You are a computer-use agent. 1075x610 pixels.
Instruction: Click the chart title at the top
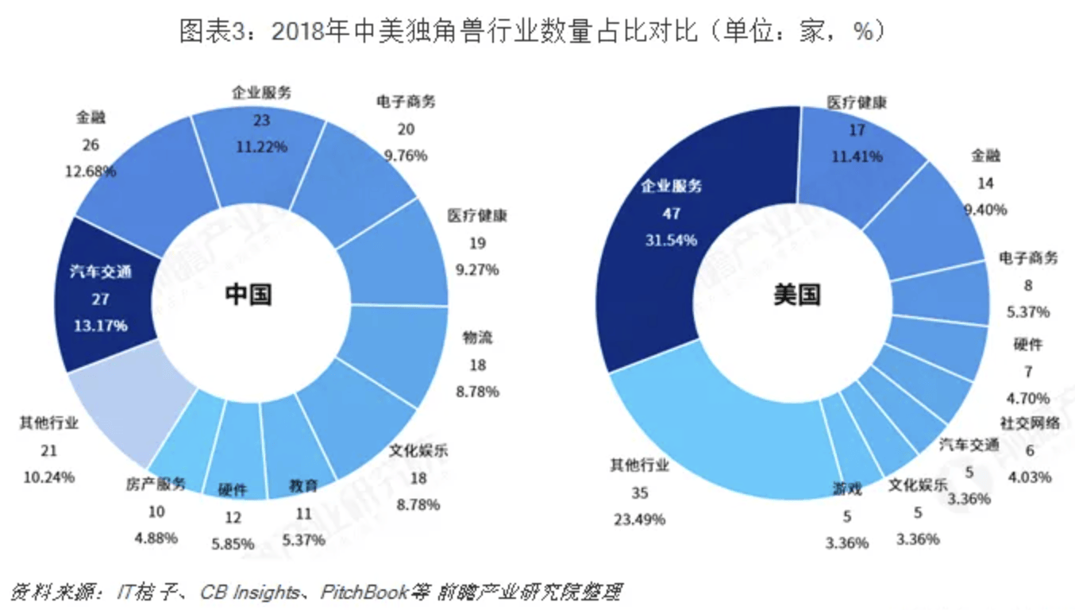click(532, 32)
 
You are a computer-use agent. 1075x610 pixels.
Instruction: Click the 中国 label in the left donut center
click(249, 294)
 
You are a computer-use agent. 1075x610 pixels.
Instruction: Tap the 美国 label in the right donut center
click(797, 294)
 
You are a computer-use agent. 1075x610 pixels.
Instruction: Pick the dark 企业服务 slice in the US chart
click(681, 216)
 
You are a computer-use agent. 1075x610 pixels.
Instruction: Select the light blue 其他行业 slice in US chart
click(720, 432)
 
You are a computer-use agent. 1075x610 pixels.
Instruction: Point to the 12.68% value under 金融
click(91, 172)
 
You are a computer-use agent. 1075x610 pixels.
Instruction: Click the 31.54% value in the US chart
click(671, 240)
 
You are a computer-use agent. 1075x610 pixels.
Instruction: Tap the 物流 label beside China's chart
click(477, 338)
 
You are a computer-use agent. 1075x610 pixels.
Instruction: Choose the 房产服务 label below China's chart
click(156, 485)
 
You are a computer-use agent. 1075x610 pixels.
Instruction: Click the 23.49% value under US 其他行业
click(640, 519)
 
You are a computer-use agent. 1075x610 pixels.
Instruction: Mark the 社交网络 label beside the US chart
click(1030, 423)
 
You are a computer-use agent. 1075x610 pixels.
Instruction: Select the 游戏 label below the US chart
click(847, 489)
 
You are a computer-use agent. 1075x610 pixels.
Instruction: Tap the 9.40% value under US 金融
click(986, 210)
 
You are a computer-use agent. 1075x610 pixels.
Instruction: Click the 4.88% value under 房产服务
click(156, 538)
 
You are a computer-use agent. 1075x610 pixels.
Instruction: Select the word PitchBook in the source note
click(364, 593)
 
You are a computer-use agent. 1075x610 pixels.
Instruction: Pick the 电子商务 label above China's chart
click(406, 102)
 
